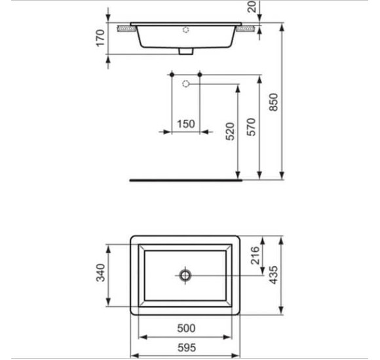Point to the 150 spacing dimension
[x=187, y=124]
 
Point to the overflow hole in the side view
[x=187, y=29]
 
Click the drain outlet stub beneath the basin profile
[x=187, y=51]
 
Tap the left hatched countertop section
[x=123, y=28]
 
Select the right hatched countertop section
[x=248, y=28]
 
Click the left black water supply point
[x=172, y=76]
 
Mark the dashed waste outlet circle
[x=186, y=84]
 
